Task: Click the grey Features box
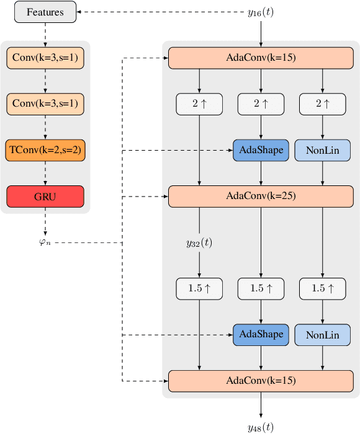pos(45,12)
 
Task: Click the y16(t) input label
pos(261,12)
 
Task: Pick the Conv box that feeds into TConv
pos(45,104)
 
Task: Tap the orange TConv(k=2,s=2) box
pos(45,150)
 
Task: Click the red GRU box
pos(45,197)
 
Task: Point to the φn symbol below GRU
pos(45,242)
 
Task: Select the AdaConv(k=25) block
pos(261,196)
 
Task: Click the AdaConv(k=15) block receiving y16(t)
pos(261,58)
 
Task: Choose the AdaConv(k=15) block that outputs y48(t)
pos(261,380)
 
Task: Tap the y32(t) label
pos(199,242)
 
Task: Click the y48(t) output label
pos(261,427)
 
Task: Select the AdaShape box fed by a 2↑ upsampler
pos(261,150)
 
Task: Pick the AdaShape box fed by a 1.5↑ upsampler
pos(261,334)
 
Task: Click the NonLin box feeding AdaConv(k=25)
pos(322,150)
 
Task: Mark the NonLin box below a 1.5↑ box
pos(322,334)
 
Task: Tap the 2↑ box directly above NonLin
pos(322,104)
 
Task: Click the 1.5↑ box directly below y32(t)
pos(199,288)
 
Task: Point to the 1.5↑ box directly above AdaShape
pos(261,288)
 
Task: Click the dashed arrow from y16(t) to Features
pos(161,12)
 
